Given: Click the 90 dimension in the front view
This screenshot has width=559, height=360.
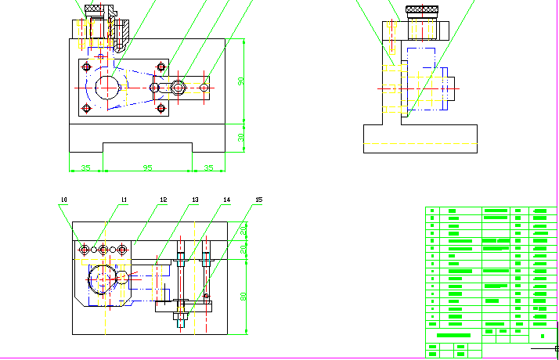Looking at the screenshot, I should (x=241, y=81).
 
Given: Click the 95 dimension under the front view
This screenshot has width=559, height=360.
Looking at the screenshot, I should (x=147, y=167).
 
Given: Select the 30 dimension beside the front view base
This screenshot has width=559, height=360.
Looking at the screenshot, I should (x=241, y=137).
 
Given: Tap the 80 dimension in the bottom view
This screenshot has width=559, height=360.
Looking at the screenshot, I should (x=243, y=296).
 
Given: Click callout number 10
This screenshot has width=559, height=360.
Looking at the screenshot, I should (x=63, y=200).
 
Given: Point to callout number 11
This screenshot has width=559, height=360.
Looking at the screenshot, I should (x=123, y=200).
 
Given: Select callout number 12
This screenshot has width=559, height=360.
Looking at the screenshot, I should (x=163, y=200).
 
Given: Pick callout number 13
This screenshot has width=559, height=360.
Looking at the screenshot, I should (x=195, y=200).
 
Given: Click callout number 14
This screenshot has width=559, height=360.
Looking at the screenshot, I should (x=226, y=200).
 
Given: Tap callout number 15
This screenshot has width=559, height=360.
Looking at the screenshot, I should (x=258, y=200).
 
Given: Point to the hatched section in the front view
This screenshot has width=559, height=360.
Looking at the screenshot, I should (x=122, y=32).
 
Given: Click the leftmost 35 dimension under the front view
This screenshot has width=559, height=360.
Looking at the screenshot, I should (x=85, y=167).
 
